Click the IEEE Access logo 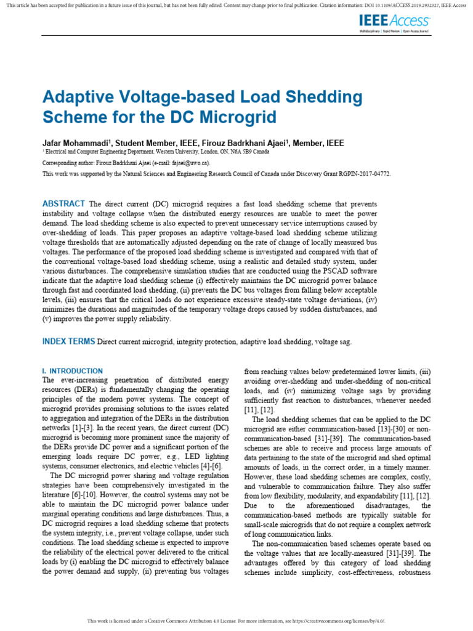[394, 22]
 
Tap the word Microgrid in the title [236, 117]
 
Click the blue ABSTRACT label [63, 204]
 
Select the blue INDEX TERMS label [68, 341]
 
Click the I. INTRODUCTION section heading [72, 371]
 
